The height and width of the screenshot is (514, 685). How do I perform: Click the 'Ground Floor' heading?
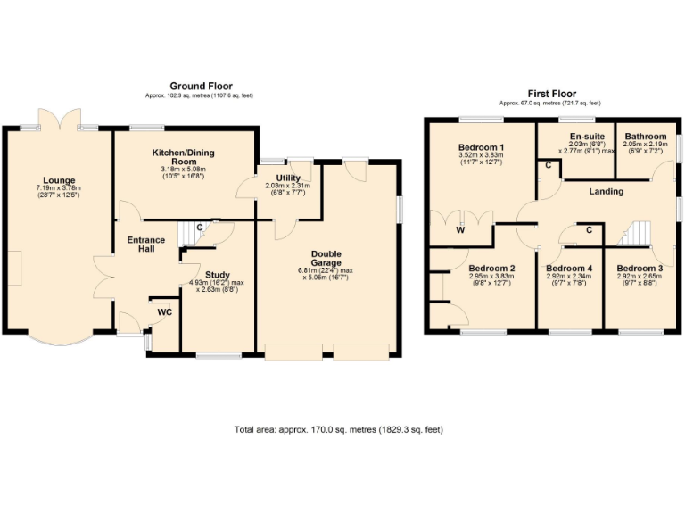pyautogui.click(x=201, y=86)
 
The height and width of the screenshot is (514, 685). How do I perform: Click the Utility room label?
pyautogui.click(x=287, y=178)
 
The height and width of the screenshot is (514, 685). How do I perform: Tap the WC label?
pyautogui.click(x=164, y=312)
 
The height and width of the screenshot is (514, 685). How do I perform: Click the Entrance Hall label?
pyautogui.click(x=145, y=245)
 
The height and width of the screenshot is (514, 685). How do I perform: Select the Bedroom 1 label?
pyautogui.click(x=482, y=147)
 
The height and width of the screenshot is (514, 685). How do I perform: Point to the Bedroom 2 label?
pyautogui.click(x=492, y=269)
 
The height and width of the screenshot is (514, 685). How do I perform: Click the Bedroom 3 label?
pyautogui.click(x=640, y=269)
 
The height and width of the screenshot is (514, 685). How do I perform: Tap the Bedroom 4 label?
pyautogui.click(x=569, y=269)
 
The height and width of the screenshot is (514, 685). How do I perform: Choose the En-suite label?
pyautogui.click(x=587, y=137)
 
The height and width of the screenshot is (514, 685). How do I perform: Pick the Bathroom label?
pyautogui.click(x=646, y=137)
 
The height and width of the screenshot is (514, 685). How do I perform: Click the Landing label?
pyautogui.click(x=606, y=191)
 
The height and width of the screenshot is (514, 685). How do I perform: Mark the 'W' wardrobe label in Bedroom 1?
pyautogui.click(x=460, y=230)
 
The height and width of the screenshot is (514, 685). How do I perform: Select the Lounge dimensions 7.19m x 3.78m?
pyautogui.click(x=58, y=189)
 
